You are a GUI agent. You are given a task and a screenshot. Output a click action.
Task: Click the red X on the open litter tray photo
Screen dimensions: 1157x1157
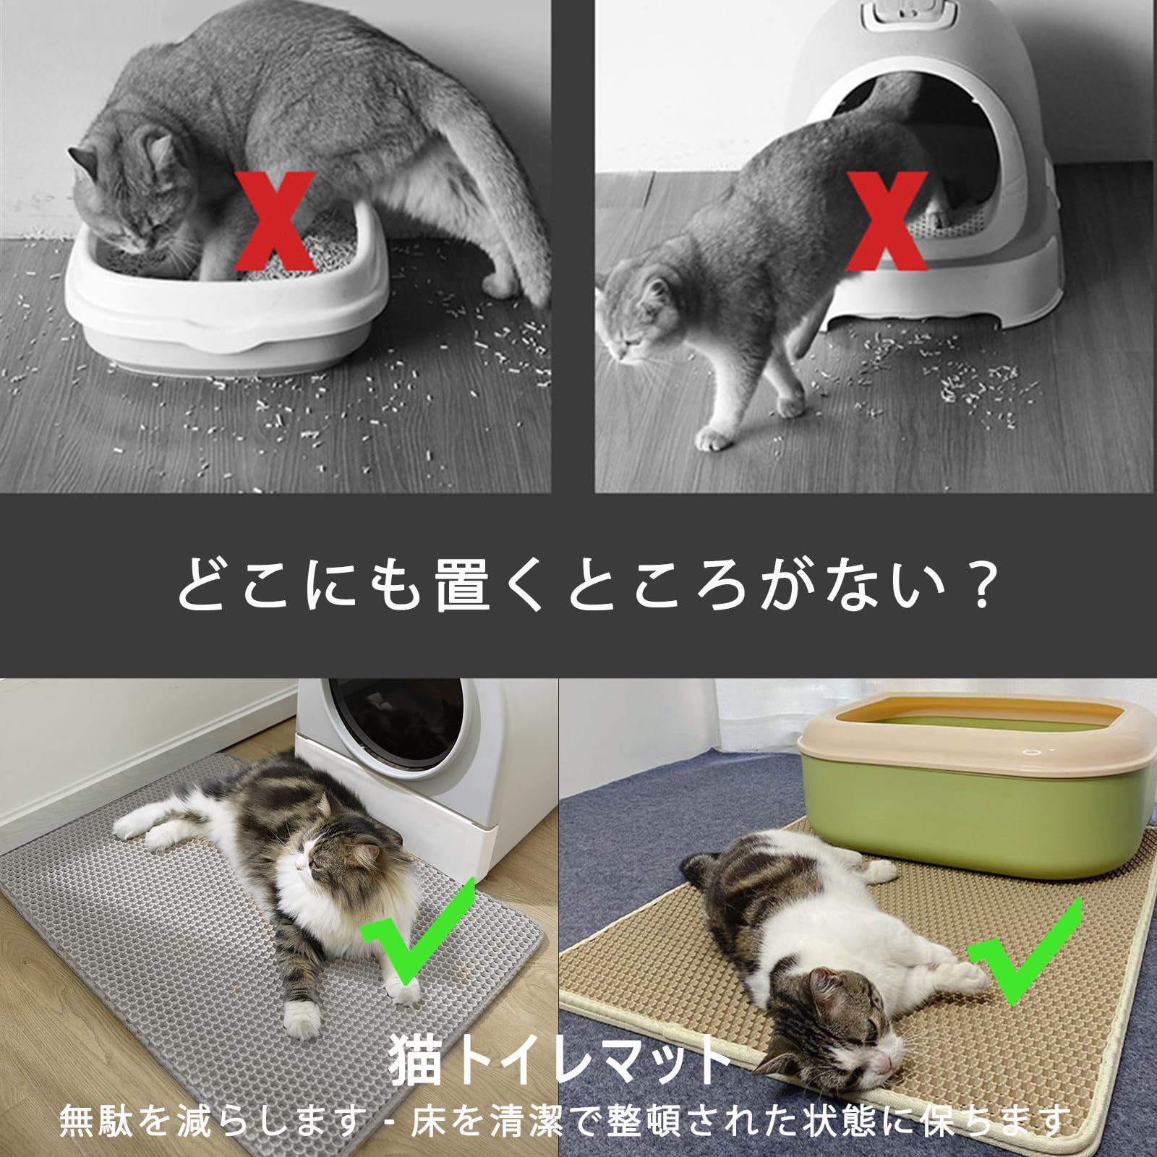(x=277, y=220)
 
